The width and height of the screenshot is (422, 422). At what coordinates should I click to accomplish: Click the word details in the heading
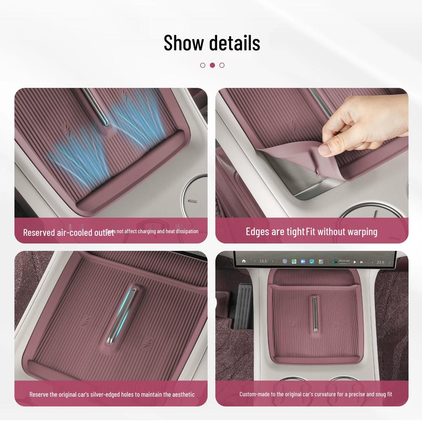point(234,43)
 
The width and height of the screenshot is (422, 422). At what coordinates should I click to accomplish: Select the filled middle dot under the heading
point(212,65)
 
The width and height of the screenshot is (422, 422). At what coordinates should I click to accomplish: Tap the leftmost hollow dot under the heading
point(203,65)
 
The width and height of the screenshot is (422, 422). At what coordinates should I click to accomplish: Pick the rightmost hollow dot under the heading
point(222,65)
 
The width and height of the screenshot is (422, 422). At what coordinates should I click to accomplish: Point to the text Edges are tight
point(275,232)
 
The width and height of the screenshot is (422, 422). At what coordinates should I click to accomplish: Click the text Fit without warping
point(342,232)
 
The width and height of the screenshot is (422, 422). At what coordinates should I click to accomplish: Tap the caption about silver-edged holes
point(112,394)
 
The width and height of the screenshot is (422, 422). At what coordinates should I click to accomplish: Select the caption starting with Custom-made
point(316,394)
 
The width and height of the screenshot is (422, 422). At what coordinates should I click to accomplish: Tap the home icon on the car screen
point(244,261)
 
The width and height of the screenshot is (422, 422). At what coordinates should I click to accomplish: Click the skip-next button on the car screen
point(361,262)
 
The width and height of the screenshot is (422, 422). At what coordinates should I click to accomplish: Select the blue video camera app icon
point(303,261)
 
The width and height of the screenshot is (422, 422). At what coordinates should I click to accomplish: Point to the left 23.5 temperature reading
point(263,261)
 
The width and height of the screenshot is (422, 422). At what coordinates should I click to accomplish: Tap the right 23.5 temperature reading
point(381,262)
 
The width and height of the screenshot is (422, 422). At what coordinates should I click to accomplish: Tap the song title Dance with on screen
point(344,261)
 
